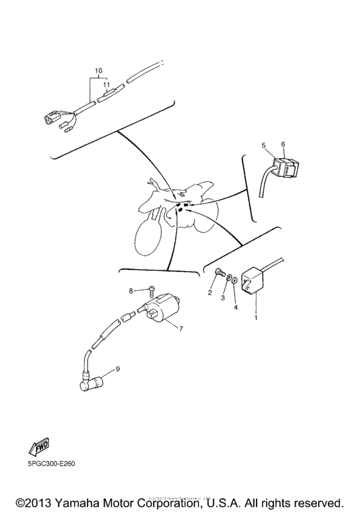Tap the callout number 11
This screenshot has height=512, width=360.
(x=107, y=84)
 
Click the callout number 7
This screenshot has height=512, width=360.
(x=181, y=329)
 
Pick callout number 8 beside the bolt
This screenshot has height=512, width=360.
(x=130, y=290)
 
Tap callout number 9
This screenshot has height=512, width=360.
(x=117, y=369)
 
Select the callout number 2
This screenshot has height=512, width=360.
(x=209, y=293)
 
